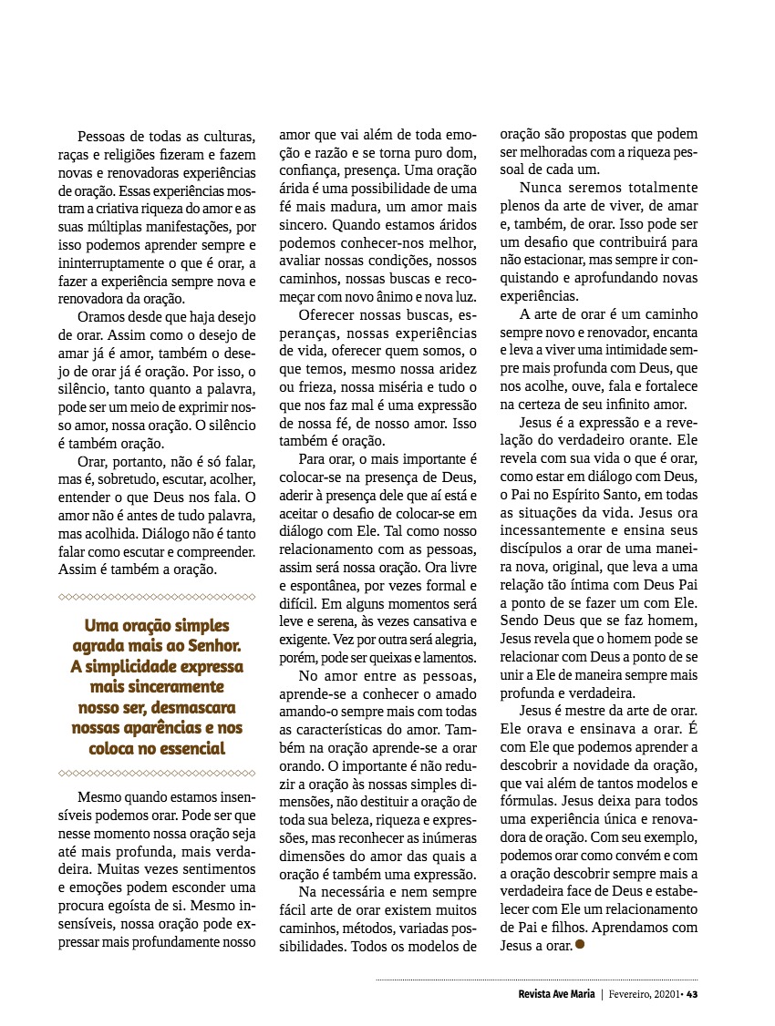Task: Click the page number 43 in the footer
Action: (692, 994)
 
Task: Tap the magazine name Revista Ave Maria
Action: (551, 994)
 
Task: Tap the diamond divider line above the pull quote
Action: (156, 597)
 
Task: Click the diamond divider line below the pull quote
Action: (156, 773)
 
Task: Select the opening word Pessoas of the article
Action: (103, 136)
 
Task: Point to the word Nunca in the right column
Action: (542, 187)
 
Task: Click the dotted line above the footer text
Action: (538, 980)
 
